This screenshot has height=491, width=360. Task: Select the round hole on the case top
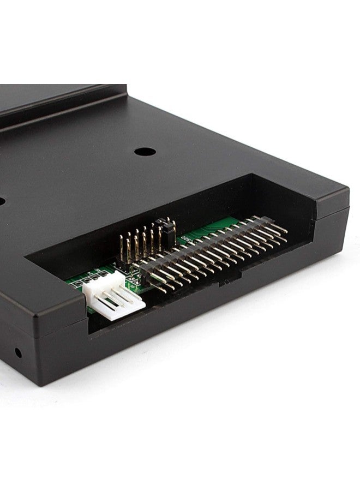click(145, 152)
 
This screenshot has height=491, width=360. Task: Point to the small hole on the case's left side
click(18, 352)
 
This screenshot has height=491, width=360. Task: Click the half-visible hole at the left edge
click(2, 201)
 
